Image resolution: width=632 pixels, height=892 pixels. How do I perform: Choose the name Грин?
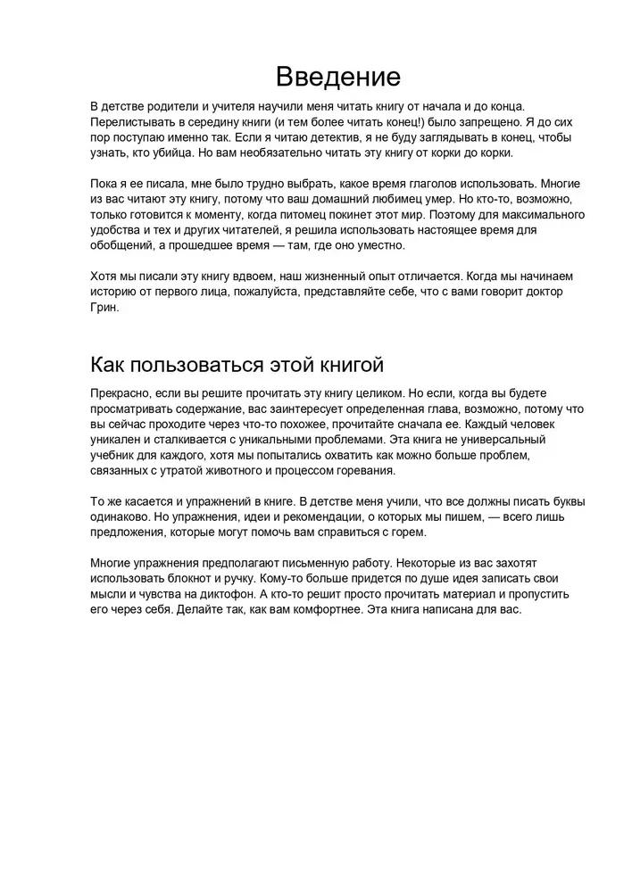(x=104, y=307)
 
